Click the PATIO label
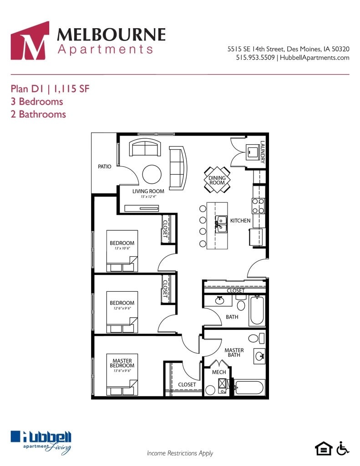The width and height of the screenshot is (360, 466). pyautogui.click(x=105, y=167)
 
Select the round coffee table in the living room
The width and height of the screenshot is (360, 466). pyautogui.click(x=152, y=173)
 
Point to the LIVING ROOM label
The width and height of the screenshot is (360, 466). pyautogui.click(x=148, y=191)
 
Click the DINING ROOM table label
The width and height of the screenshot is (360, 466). pyautogui.click(x=217, y=180)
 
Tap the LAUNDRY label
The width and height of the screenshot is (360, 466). pyautogui.click(x=263, y=152)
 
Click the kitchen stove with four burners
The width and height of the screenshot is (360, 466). pyautogui.click(x=259, y=206)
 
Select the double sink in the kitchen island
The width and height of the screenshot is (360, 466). pyautogui.click(x=221, y=224)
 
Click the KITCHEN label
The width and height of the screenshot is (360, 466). pyautogui.click(x=240, y=221)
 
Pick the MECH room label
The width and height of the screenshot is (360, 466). pyautogui.click(x=219, y=372)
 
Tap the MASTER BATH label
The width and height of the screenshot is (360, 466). pyautogui.click(x=234, y=353)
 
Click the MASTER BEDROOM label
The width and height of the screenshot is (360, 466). pyautogui.click(x=122, y=363)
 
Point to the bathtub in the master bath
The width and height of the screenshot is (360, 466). pyautogui.click(x=249, y=388)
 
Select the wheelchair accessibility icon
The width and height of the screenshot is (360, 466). pyautogui.click(x=343, y=448)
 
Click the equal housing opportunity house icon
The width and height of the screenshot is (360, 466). pyautogui.click(x=324, y=449)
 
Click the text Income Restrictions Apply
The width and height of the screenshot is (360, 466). pyautogui.click(x=180, y=453)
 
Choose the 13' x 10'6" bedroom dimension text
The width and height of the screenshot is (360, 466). pyautogui.click(x=122, y=248)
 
